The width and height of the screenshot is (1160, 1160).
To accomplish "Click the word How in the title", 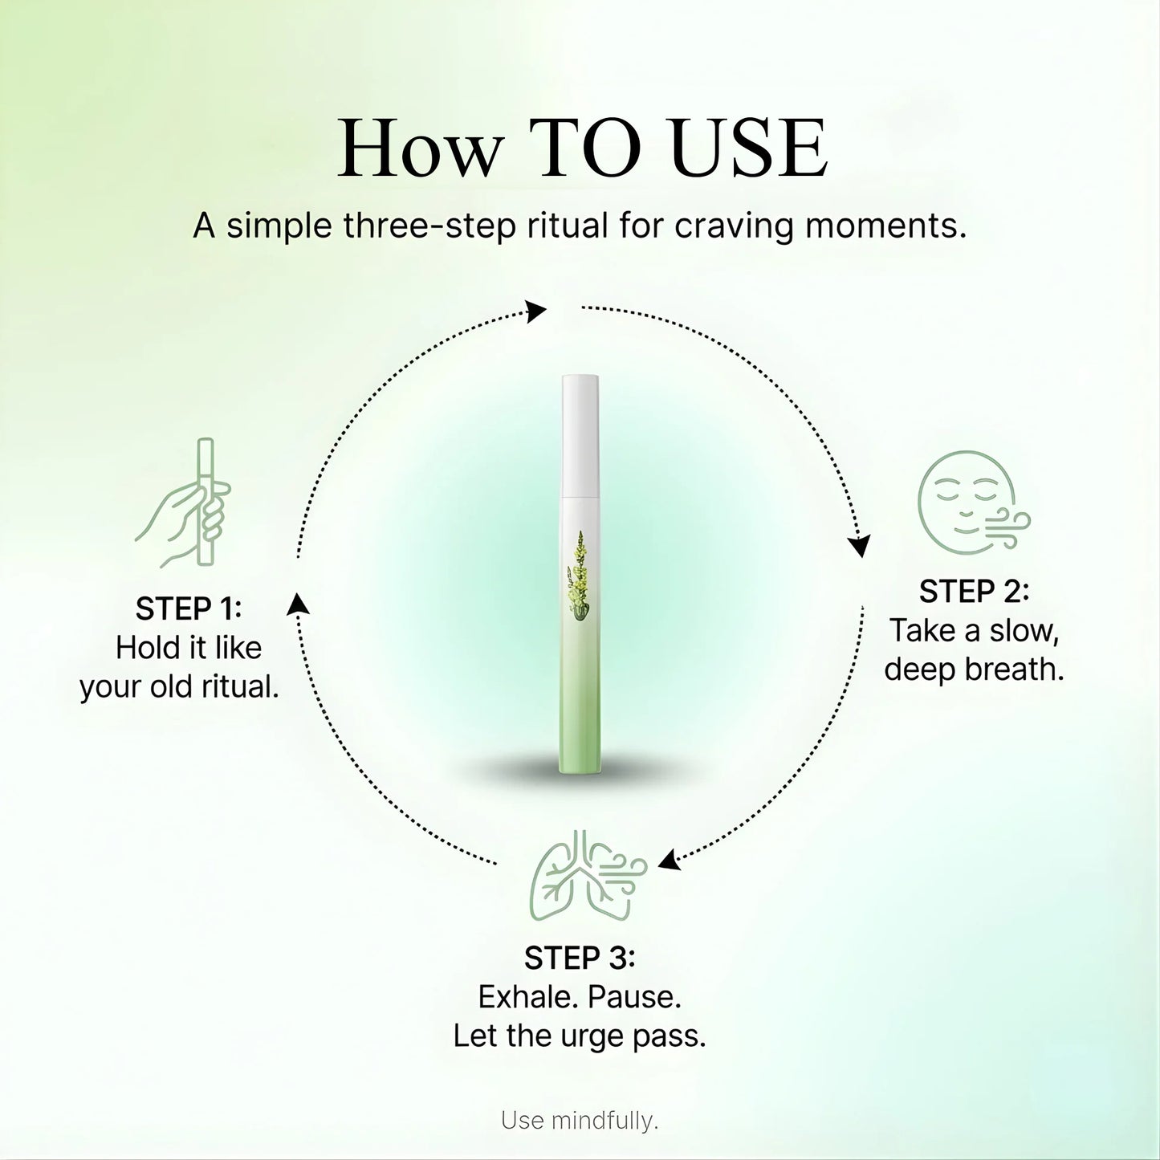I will click(419, 149).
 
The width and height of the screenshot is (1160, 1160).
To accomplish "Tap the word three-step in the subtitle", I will click(429, 226).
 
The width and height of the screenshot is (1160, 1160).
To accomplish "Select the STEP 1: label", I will click(188, 609).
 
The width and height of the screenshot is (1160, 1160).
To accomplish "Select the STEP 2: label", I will click(974, 592).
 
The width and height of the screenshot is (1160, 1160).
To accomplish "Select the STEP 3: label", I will click(580, 958).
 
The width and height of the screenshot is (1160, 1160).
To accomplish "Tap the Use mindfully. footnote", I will click(580, 1120).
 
